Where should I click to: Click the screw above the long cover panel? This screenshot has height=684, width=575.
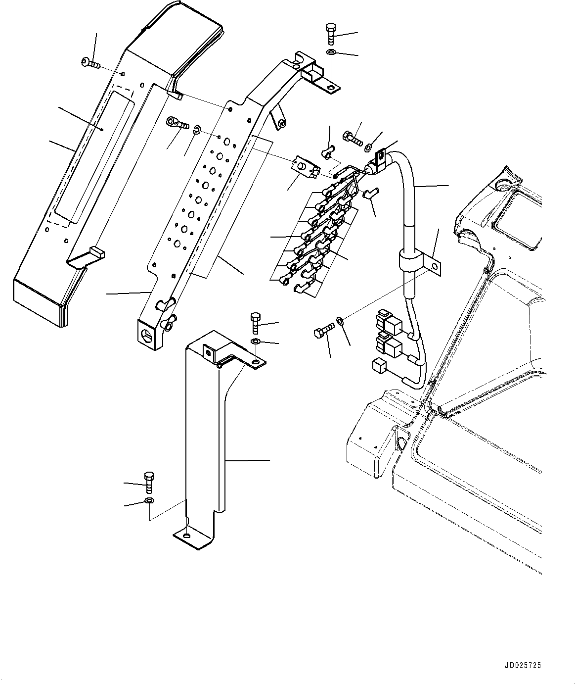tap(90, 63)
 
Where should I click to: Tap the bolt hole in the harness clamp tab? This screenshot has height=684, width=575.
tap(435, 267)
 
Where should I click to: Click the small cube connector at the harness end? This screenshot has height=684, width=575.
tap(380, 366)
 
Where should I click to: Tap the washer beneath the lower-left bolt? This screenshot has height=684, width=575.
tap(149, 502)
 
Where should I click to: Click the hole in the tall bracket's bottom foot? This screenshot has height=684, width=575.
tap(186, 537)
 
